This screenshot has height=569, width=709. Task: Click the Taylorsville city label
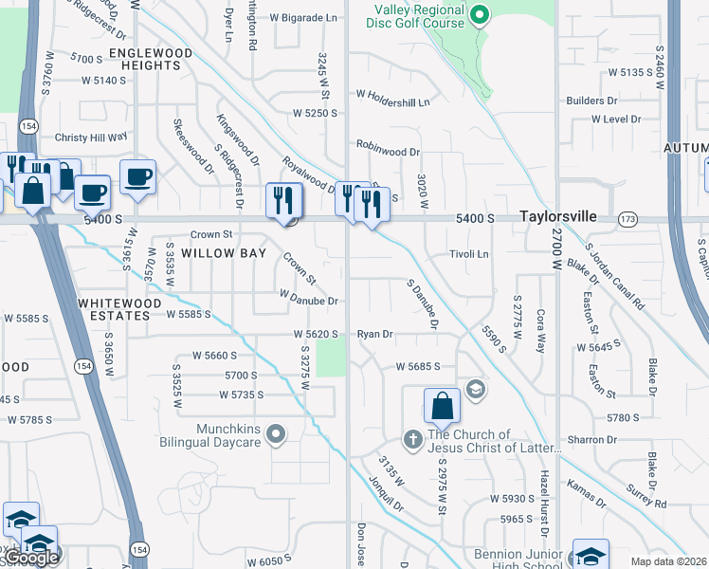[559, 217]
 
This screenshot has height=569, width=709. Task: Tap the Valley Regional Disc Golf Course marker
[480, 15]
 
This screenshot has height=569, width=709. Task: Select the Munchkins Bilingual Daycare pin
[276, 435]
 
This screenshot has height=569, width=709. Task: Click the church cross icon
[412, 439]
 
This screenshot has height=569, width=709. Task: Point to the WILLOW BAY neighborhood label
[219, 253]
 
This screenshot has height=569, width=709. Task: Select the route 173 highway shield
[627, 219]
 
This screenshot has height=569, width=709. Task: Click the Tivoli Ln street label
[468, 254]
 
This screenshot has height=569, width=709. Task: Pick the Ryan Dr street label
[374, 335]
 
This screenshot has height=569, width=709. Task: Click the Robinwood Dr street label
[388, 151]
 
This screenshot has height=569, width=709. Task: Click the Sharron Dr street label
[592, 440]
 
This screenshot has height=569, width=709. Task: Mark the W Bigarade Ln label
[304, 17]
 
